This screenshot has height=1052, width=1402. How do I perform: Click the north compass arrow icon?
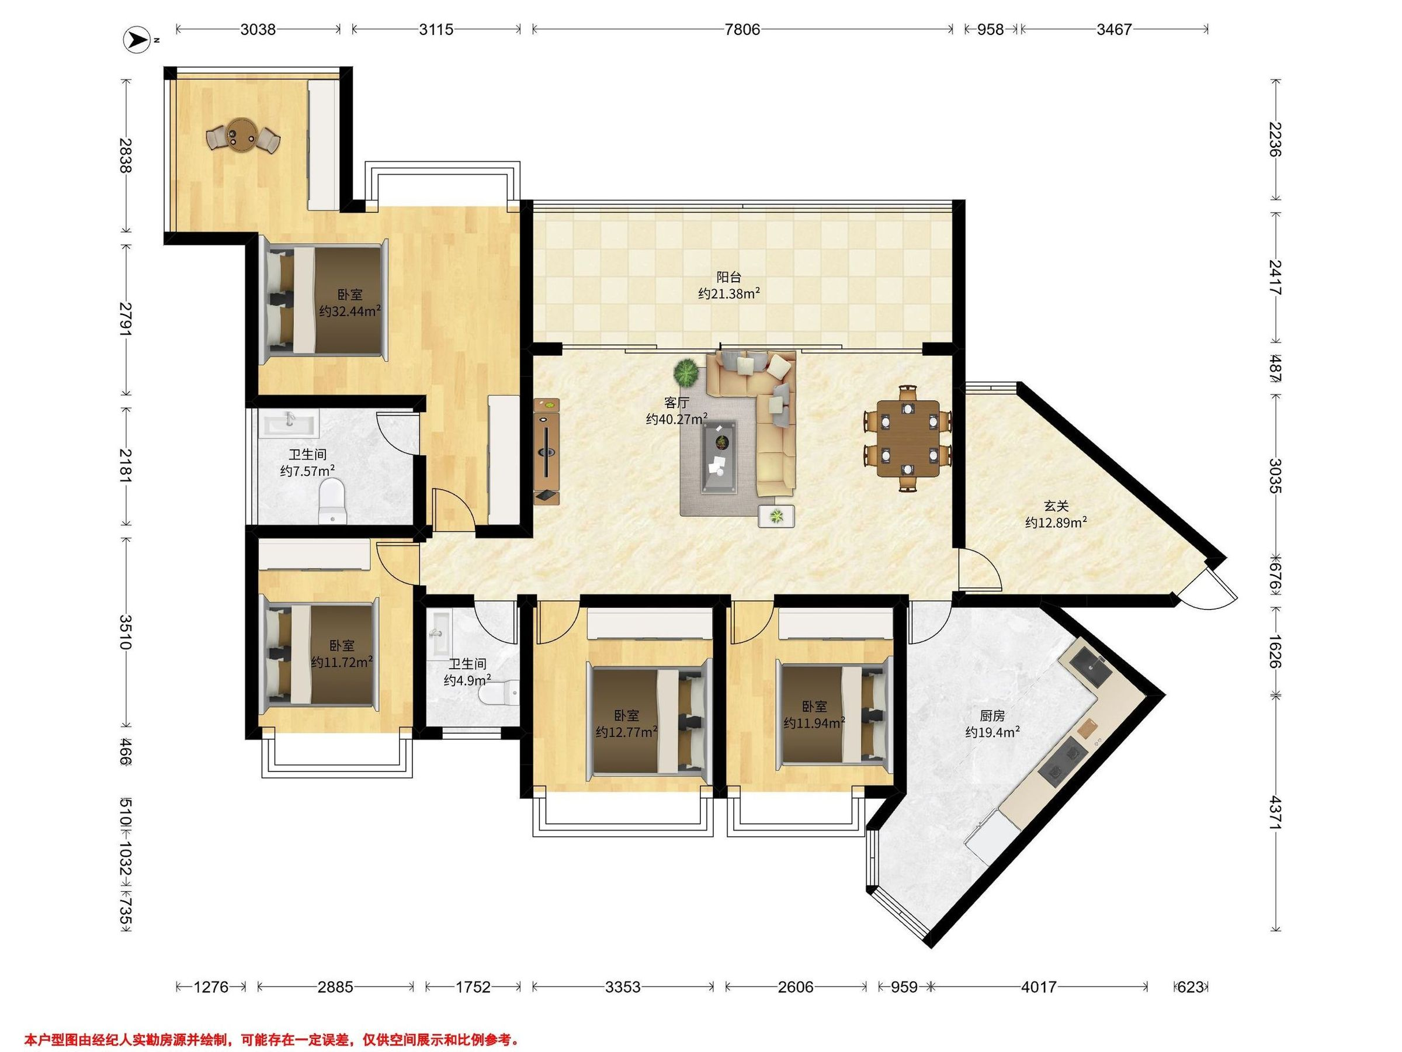(x=136, y=40)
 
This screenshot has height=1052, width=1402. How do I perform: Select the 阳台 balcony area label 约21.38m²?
(x=729, y=293)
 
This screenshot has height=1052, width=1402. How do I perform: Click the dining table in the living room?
(x=908, y=438)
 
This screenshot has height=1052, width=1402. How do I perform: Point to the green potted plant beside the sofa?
(x=686, y=372)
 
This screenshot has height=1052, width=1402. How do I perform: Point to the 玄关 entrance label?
(x=1057, y=506)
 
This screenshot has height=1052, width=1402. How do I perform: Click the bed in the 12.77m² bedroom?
(x=648, y=718)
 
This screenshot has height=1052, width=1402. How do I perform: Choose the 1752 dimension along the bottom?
(x=473, y=987)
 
